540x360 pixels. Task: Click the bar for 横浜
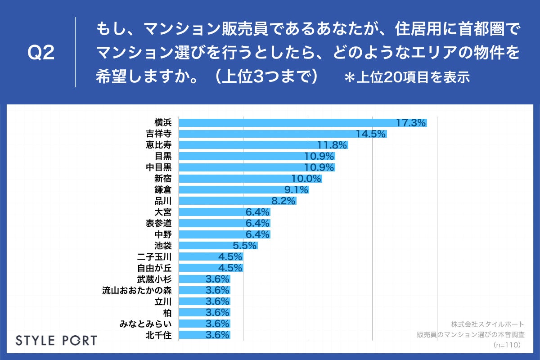(x=302, y=123)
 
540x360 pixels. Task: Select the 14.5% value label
(x=371, y=134)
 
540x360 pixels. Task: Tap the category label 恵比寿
(x=159, y=145)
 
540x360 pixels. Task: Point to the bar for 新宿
(x=250, y=179)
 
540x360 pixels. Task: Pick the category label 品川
(x=163, y=201)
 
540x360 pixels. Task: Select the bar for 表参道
(x=225, y=223)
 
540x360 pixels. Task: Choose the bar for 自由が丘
(x=211, y=268)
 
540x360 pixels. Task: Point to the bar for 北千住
(x=205, y=335)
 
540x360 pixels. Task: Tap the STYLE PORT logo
(x=56, y=340)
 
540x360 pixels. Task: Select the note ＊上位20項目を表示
(x=407, y=77)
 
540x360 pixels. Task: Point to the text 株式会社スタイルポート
(x=487, y=324)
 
